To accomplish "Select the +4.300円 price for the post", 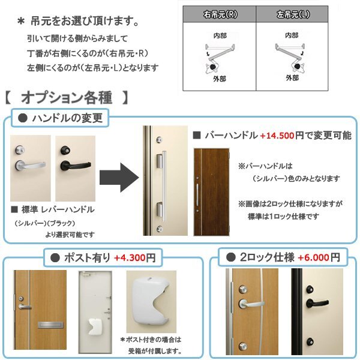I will click(134, 258).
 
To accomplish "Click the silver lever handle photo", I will click(30, 168).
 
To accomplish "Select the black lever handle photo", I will click(76, 168).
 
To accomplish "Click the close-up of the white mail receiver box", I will click(151, 308).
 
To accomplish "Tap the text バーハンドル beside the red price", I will click(229, 135).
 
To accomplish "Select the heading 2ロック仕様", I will click(268, 257).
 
